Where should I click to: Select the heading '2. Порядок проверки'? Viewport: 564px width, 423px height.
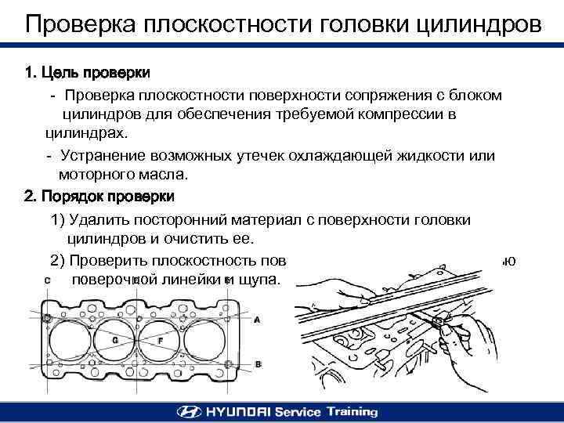99,195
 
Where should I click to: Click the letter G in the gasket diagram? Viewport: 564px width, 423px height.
115,341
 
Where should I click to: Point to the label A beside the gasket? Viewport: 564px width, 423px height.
257,320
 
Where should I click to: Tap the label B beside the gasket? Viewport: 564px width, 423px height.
258,364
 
